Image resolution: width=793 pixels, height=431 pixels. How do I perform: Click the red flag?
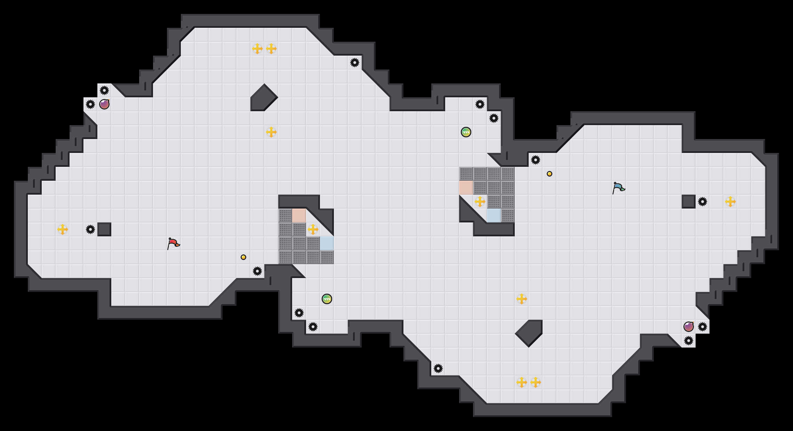pyautogui.click(x=173, y=243)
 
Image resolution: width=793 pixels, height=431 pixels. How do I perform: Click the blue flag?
pyautogui.click(x=618, y=188)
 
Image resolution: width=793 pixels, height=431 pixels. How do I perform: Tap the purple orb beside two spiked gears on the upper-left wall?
pyautogui.click(x=104, y=104)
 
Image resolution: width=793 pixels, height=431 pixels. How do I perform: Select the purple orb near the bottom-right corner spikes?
pyautogui.click(x=689, y=327)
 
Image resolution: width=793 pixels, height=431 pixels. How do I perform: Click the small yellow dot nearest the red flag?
pyautogui.click(x=243, y=257)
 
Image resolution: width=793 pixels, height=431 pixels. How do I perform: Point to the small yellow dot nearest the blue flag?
pyautogui.click(x=550, y=174)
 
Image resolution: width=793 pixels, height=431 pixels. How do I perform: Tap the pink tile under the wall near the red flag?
pyautogui.click(x=299, y=215)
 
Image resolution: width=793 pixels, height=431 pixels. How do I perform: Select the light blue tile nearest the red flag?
pyautogui.click(x=327, y=243)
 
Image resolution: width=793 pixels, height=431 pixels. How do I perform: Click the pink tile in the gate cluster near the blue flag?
pyautogui.click(x=466, y=188)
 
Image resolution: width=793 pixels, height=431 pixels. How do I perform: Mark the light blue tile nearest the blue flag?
pyautogui.click(x=494, y=215)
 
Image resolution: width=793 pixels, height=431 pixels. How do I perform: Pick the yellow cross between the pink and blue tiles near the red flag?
pyautogui.click(x=313, y=229)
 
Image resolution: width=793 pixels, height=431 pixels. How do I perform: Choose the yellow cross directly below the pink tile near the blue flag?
pyautogui.click(x=480, y=202)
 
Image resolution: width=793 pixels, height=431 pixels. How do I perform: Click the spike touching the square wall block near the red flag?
pyautogui.click(x=90, y=229)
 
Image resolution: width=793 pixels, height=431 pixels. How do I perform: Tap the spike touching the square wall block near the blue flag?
pyautogui.click(x=703, y=202)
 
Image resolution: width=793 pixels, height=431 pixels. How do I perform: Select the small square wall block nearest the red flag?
pyautogui.click(x=104, y=229)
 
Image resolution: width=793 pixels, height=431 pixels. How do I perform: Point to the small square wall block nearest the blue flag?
pyautogui.click(x=689, y=202)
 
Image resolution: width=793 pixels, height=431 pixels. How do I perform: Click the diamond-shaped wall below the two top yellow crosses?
pyautogui.click(x=264, y=98)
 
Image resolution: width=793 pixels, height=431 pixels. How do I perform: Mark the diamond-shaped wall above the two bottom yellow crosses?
pyautogui.click(x=529, y=333)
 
